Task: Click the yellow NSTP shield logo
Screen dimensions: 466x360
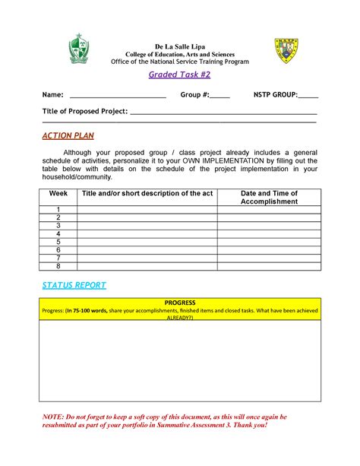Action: [286, 50]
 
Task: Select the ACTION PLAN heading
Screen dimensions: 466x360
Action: [65, 135]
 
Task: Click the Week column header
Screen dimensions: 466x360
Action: [58, 194]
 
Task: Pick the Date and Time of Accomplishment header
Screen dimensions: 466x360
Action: [269, 198]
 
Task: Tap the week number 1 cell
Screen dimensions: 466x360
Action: [58, 209]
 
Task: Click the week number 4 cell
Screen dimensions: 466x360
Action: [58, 234]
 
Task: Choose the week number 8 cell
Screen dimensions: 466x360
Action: [58, 267]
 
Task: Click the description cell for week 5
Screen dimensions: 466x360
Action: [147, 243]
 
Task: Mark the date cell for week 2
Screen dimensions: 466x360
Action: [269, 217]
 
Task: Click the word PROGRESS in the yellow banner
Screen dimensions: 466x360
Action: [180, 303]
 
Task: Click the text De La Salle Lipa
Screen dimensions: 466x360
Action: [180, 47]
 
